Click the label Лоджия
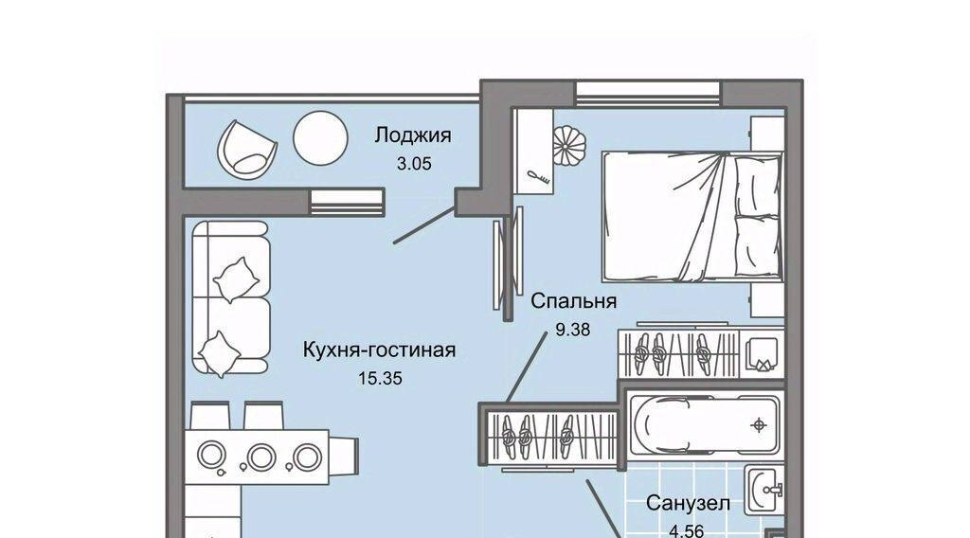[x=412, y=135]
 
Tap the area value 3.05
[x=414, y=163]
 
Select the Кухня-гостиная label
[x=379, y=350]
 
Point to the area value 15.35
[x=379, y=378]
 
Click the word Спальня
[x=574, y=301]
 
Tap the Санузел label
[x=688, y=503]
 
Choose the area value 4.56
[x=688, y=529]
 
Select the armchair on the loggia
[x=247, y=146]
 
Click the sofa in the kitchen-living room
[x=231, y=297]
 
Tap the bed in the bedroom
[x=692, y=218]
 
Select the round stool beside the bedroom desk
[x=571, y=145]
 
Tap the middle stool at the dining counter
[x=258, y=457]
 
